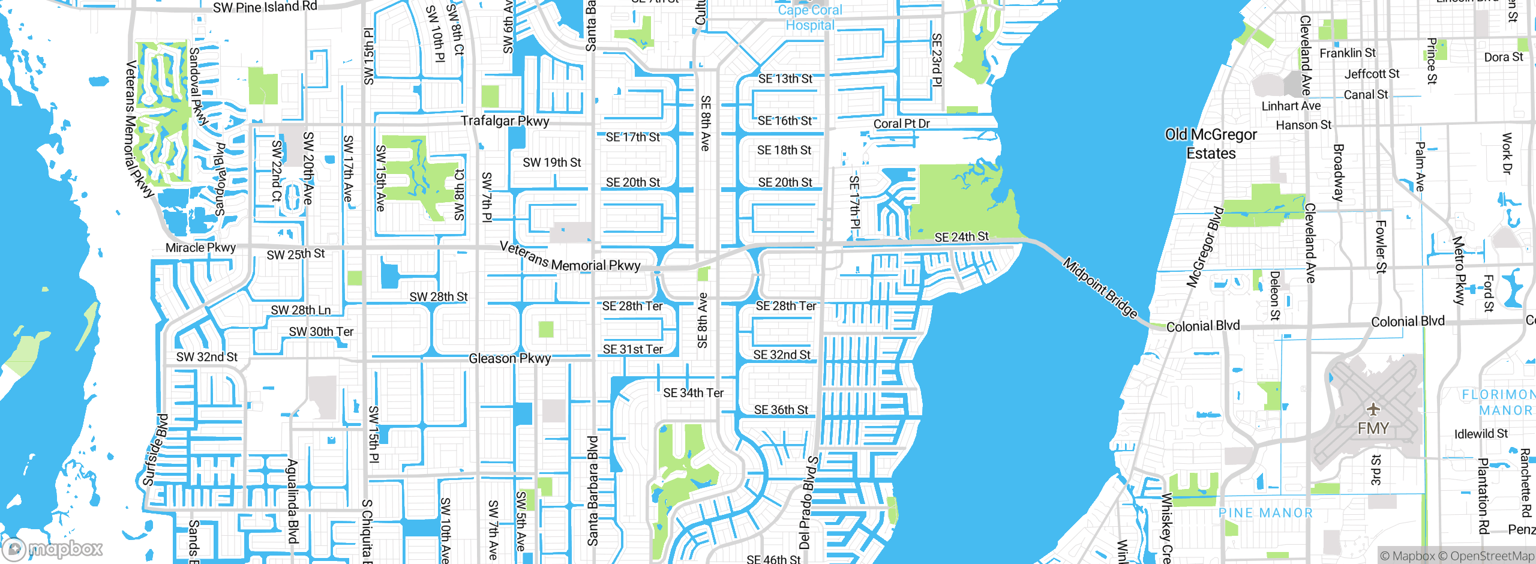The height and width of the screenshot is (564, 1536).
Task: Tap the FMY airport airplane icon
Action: click(1373, 410)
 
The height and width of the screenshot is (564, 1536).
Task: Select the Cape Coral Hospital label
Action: click(810, 17)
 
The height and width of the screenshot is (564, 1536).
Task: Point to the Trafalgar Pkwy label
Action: click(505, 121)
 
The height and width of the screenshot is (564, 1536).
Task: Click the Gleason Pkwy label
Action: click(509, 358)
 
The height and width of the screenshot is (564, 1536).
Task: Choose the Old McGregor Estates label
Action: click(1211, 144)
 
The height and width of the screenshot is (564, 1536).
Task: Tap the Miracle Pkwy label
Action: click(200, 247)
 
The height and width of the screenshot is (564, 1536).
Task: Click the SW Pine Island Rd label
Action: click(265, 7)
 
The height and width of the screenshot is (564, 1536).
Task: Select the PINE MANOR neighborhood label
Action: click(1265, 513)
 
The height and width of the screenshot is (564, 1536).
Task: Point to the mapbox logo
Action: click(52, 548)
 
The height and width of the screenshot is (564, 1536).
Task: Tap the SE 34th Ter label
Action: click(693, 393)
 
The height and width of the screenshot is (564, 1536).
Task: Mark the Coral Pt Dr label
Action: click(901, 124)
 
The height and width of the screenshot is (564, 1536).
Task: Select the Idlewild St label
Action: click(1481, 434)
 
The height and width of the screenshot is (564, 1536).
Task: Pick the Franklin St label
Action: click(1348, 53)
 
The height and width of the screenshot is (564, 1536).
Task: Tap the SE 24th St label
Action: click(961, 237)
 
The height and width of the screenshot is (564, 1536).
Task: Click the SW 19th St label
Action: click(551, 163)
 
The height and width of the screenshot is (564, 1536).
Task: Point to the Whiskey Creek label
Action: click(1166, 528)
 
